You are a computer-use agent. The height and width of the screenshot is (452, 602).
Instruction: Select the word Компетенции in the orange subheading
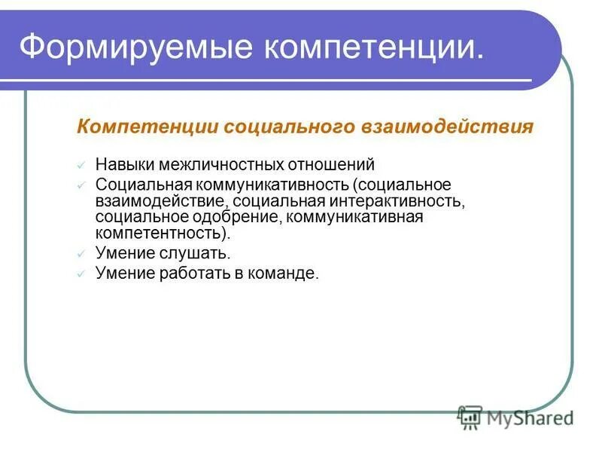pos(138,127)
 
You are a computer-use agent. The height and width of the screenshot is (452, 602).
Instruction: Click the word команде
pos(289,274)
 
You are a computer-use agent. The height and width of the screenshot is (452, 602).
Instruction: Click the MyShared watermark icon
pos(470,416)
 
